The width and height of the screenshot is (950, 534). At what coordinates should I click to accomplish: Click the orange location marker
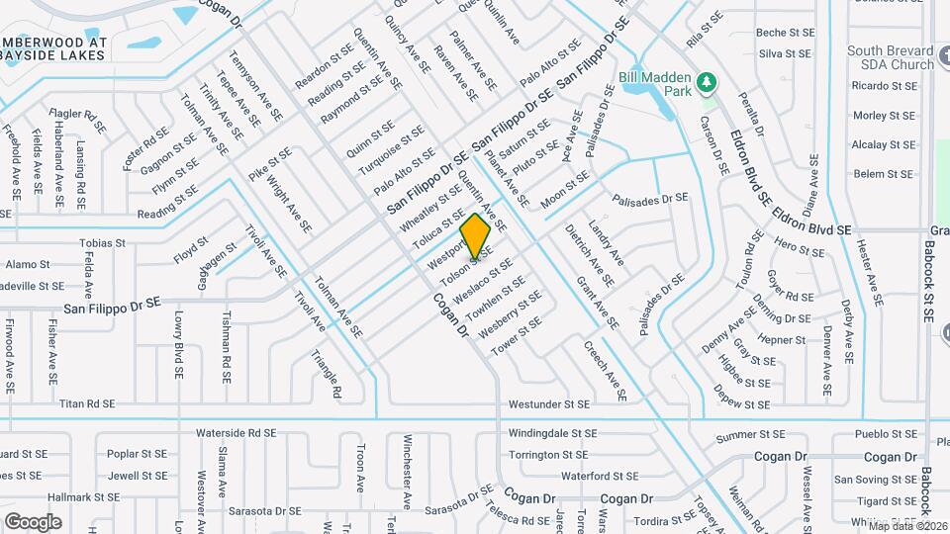pyautogui.click(x=475, y=235)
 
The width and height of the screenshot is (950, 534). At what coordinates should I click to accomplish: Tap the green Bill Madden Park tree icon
pyautogui.click(x=707, y=81)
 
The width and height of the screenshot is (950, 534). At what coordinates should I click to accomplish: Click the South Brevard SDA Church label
pyautogui.click(x=890, y=57)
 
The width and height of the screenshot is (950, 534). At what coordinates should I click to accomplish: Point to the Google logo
pyautogui.click(x=33, y=521)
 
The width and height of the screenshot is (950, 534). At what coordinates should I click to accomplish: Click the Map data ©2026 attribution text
pyautogui.click(x=906, y=525)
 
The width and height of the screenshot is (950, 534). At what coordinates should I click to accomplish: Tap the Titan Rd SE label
pyautogui.click(x=87, y=404)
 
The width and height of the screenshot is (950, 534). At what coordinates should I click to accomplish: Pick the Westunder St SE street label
pyautogui.click(x=549, y=404)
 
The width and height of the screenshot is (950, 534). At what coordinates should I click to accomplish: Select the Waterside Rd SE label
pyautogui.click(x=235, y=433)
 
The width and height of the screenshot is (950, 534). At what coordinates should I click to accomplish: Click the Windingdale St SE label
pyautogui.click(x=552, y=434)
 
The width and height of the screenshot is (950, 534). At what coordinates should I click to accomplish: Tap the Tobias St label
pyautogui.click(x=103, y=242)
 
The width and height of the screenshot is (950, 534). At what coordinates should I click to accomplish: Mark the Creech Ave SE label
pyautogui.click(x=605, y=371)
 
